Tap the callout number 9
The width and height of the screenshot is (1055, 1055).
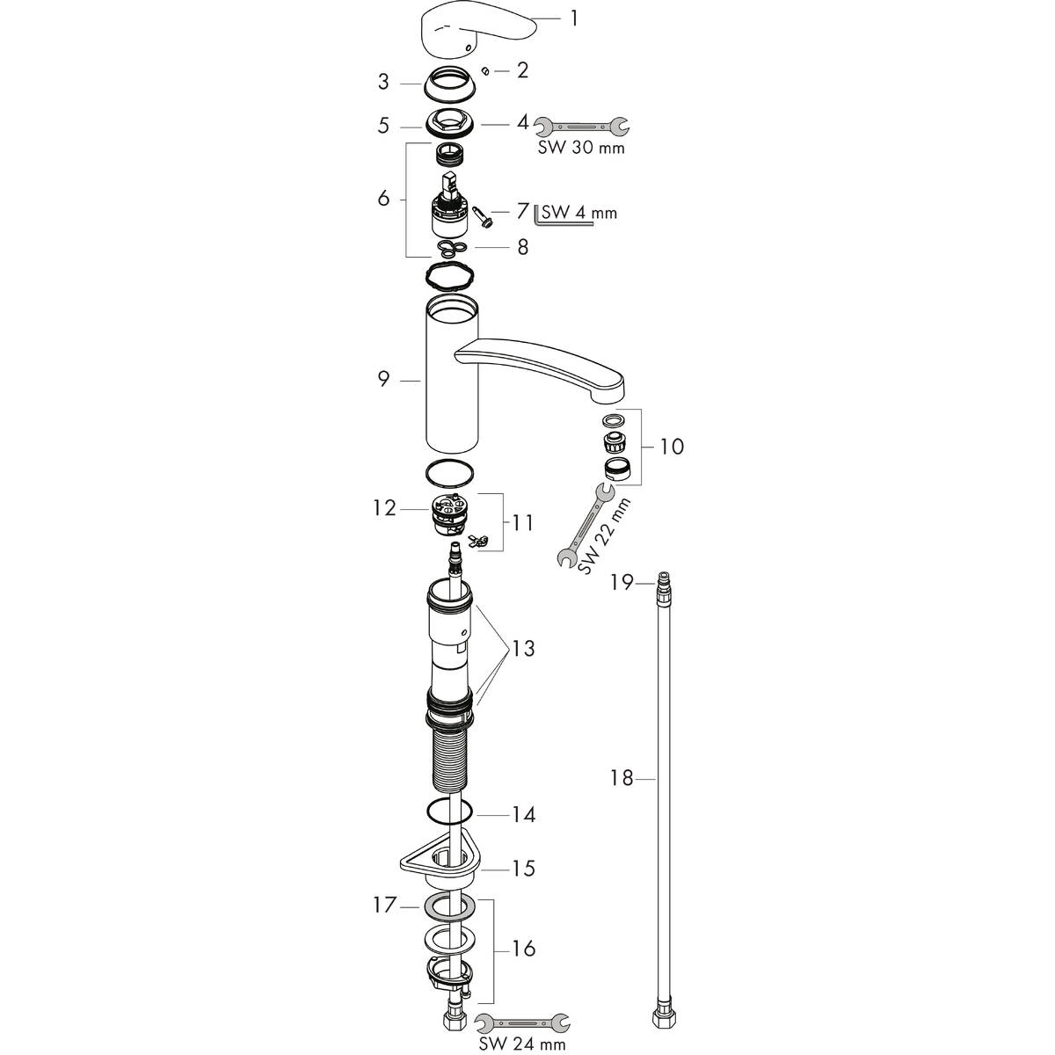383,381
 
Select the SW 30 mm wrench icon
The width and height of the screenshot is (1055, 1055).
582,127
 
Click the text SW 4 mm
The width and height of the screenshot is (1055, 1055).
579,212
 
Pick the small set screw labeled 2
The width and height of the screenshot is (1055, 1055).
486,69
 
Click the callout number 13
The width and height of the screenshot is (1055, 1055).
523,649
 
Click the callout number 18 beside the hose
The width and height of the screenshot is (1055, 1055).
622,778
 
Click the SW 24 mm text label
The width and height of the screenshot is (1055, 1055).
522,1044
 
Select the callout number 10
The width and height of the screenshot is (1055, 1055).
671,447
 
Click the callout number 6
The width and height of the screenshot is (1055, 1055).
383,199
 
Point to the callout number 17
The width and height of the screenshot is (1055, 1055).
382,903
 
